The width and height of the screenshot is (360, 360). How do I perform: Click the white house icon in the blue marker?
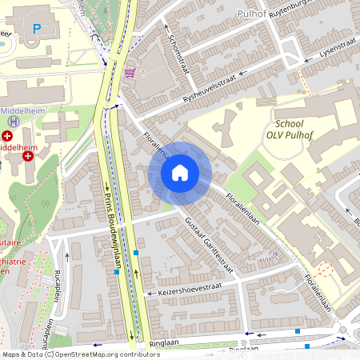coord(180,173)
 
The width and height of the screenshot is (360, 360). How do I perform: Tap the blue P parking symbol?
coord(36,28)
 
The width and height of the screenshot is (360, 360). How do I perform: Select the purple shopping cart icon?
coord(130,73)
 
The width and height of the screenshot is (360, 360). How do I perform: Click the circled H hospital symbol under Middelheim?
coord(13,121)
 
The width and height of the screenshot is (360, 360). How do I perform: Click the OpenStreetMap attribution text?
coord(80,354)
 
